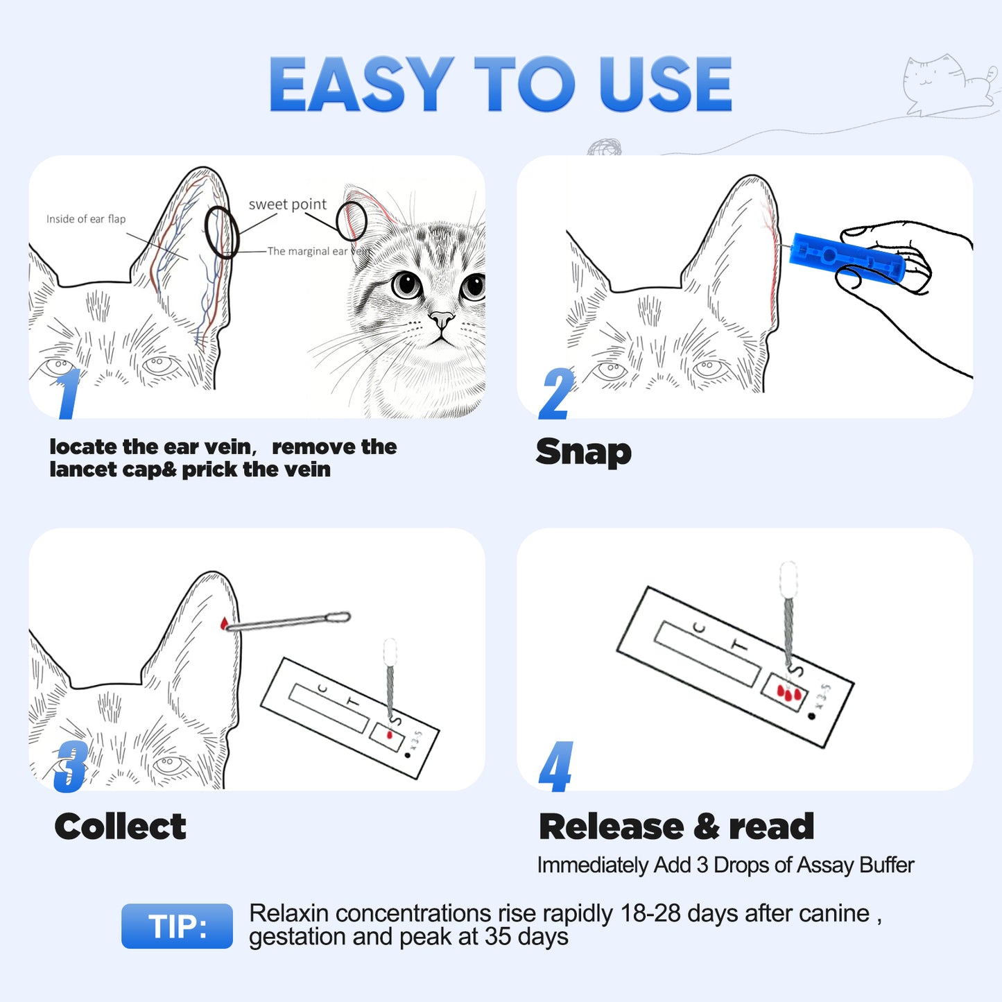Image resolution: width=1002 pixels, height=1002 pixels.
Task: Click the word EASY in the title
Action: point(361,84)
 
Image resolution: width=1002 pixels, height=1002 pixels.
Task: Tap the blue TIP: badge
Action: point(177,926)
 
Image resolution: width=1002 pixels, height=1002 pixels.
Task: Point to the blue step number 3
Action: point(71,766)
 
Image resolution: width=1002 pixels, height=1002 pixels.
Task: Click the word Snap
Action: point(583,452)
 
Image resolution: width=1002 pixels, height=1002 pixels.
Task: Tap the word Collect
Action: point(120,827)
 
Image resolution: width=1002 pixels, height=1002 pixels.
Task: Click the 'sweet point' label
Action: point(287,205)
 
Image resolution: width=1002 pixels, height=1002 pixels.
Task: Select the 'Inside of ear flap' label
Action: point(86,219)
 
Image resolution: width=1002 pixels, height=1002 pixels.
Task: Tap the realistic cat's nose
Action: point(440,320)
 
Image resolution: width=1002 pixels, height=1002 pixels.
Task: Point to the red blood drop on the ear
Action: point(224,624)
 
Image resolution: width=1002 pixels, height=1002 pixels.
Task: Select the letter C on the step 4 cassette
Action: point(700,628)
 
